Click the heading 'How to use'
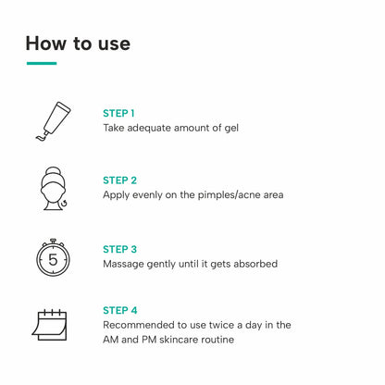pos(78,43)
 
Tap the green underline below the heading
pos(42,63)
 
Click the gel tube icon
pos(53,121)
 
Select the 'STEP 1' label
pos(118,113)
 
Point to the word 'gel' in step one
pos(231,129)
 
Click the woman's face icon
pos(54,189)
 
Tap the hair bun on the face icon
pos(53,171)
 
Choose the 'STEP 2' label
pos(119,180)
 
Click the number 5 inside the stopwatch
pos(53,260)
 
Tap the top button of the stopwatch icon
pos(53,241)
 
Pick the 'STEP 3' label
pos(119,249)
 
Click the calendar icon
pos(49,325)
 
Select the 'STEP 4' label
pos(120,310)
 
